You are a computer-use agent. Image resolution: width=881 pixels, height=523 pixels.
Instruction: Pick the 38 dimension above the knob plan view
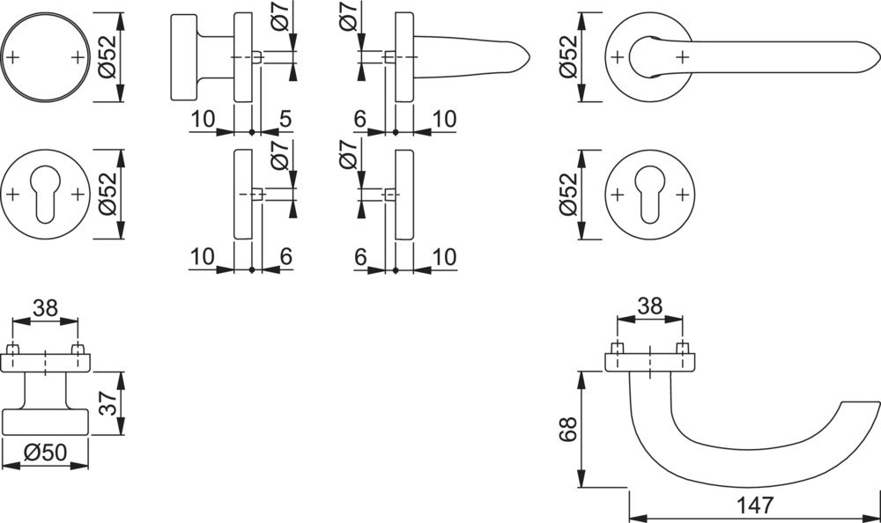(45, 308)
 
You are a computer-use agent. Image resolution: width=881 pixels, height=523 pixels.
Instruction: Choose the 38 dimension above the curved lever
(649, 307)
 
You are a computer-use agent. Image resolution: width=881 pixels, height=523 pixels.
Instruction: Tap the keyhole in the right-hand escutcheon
(649, 195)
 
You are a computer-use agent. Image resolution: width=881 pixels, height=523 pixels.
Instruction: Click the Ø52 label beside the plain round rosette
(107, 57)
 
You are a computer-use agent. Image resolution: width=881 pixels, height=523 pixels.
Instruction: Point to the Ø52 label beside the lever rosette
(569, 57)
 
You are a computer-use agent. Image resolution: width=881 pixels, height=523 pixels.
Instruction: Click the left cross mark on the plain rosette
(14, 57)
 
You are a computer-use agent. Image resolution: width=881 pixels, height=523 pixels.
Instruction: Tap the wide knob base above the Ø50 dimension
(45, 422)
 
